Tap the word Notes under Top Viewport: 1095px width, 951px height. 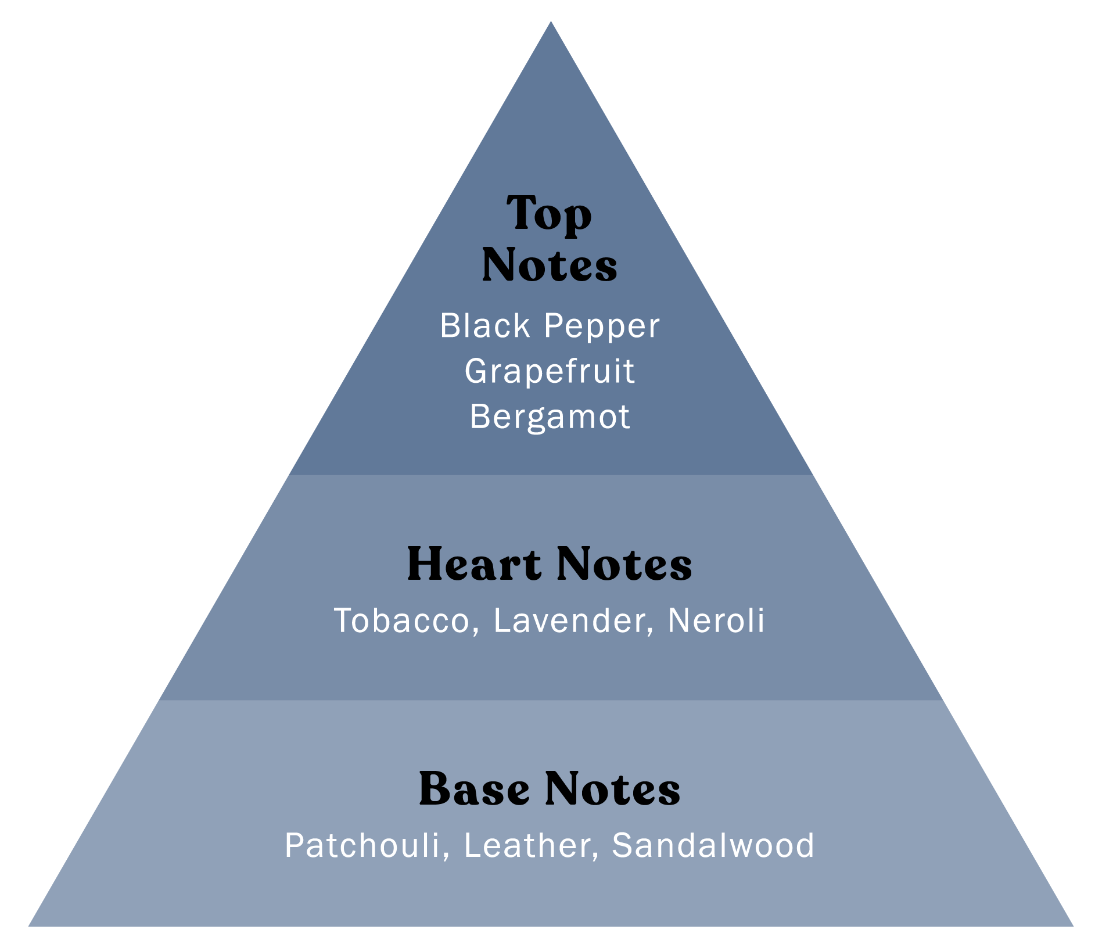[549, 265]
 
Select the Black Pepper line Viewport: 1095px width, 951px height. [550, 326]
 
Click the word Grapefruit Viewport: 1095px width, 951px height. [550, 371]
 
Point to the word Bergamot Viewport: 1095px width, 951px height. [550, 417]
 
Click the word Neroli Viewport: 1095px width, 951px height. [716, 620]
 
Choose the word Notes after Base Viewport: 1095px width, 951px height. [613, 789]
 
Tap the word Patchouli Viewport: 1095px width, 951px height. [362, 845]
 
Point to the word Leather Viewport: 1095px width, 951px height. [527, 845]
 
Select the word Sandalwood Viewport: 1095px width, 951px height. [713, 845]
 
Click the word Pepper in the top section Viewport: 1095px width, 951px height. [602, 326]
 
